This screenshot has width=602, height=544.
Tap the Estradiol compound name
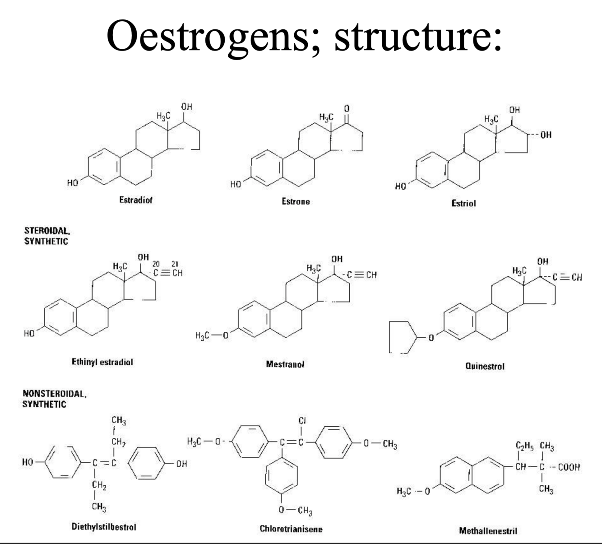coord(135,200)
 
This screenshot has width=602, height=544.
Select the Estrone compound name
coord(296,201)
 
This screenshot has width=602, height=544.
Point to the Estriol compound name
coord(463,203)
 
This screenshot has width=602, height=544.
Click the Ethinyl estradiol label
coord(102,362)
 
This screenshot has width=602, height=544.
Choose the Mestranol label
coord(285,364)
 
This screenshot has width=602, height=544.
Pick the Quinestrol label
coord(485,366)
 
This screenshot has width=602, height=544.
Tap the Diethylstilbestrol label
coord(104,526)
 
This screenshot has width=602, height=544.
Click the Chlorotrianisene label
coord(291,529)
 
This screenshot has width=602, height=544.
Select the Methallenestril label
coord(488,530)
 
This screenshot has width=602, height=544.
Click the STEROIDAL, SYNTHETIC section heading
coord(46,236)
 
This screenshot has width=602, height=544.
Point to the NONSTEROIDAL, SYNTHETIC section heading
coord(54,399)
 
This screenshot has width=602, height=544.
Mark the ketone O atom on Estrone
coord(347,109)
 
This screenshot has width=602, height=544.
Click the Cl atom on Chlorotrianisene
coord(302,421)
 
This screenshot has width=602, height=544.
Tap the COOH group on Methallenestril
coord(569,467)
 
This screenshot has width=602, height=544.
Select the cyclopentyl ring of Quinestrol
coord(402,337)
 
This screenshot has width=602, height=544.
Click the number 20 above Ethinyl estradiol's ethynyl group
coord(156,263)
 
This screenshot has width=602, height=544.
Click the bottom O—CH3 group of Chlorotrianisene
coord(296,511)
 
